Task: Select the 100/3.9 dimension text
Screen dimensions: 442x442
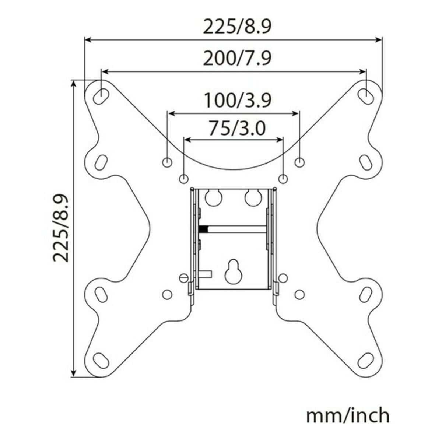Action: (x=238, y=100)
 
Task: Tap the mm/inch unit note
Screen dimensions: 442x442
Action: (x=348, y=409)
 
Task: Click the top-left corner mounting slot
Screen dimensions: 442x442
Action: (x=101, y=96)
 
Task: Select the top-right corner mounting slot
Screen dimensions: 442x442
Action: (x=366, y=96)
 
